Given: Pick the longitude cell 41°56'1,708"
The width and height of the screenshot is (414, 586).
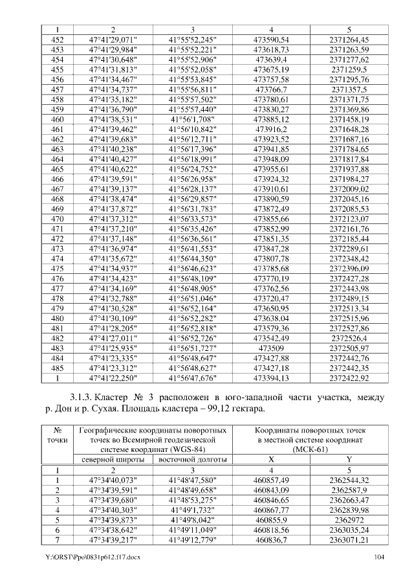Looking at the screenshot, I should coord(192,120).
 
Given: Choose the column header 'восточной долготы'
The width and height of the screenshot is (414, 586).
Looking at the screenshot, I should coord(192,459).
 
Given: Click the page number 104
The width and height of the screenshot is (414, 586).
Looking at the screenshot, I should coord(379,557).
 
